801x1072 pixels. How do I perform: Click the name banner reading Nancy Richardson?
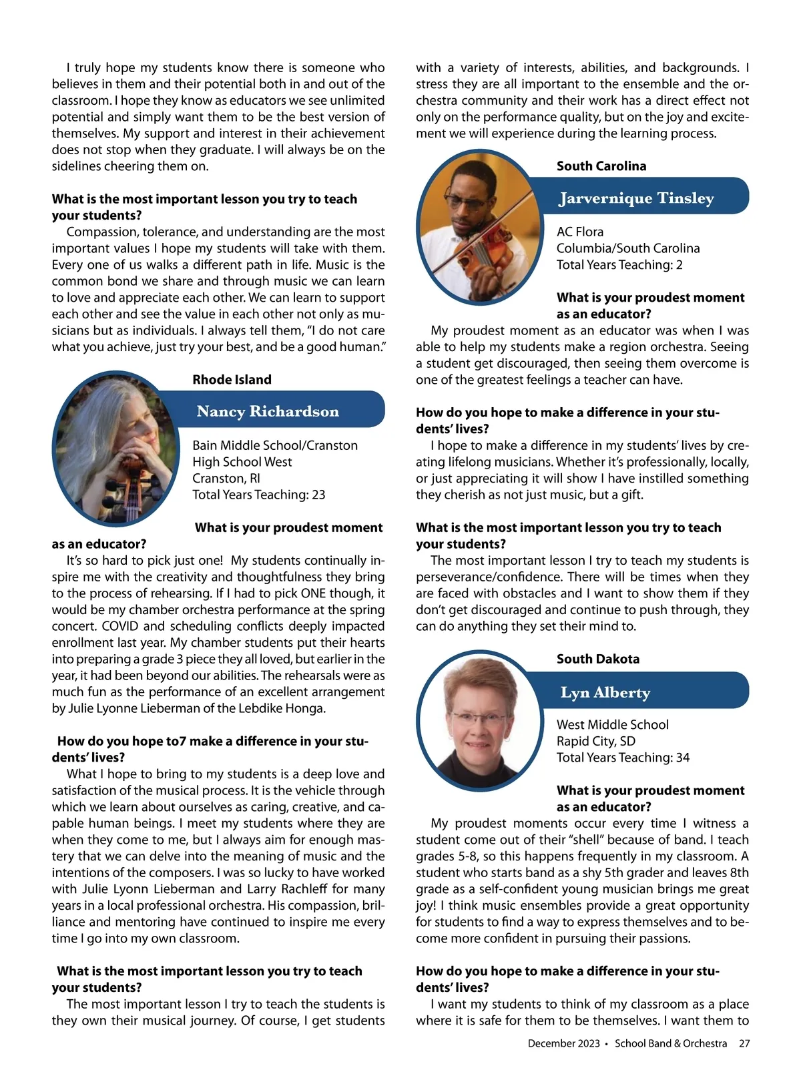pos(268,411)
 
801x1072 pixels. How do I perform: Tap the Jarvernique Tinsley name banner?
pos(636,198)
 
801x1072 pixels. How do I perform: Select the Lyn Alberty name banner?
pos(605,692)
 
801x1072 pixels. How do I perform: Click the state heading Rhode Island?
pos(232,380)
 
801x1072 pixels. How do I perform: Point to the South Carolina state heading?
pos(601,166)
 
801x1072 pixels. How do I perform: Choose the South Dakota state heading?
pos(597,659)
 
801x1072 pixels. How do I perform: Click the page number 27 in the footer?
pos(744,1043)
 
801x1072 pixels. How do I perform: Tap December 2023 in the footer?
pos(563,1043)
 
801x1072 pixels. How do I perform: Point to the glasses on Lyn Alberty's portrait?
pos(478,719)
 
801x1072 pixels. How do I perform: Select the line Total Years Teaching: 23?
pos(258,495)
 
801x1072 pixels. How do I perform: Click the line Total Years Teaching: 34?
pos(623,758)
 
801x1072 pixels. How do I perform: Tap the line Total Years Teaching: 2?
pos(619,265)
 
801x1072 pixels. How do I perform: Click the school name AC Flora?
pos(579,232)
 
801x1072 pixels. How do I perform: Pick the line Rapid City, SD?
pos(595,741)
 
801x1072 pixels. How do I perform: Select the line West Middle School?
pos(612,724)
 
